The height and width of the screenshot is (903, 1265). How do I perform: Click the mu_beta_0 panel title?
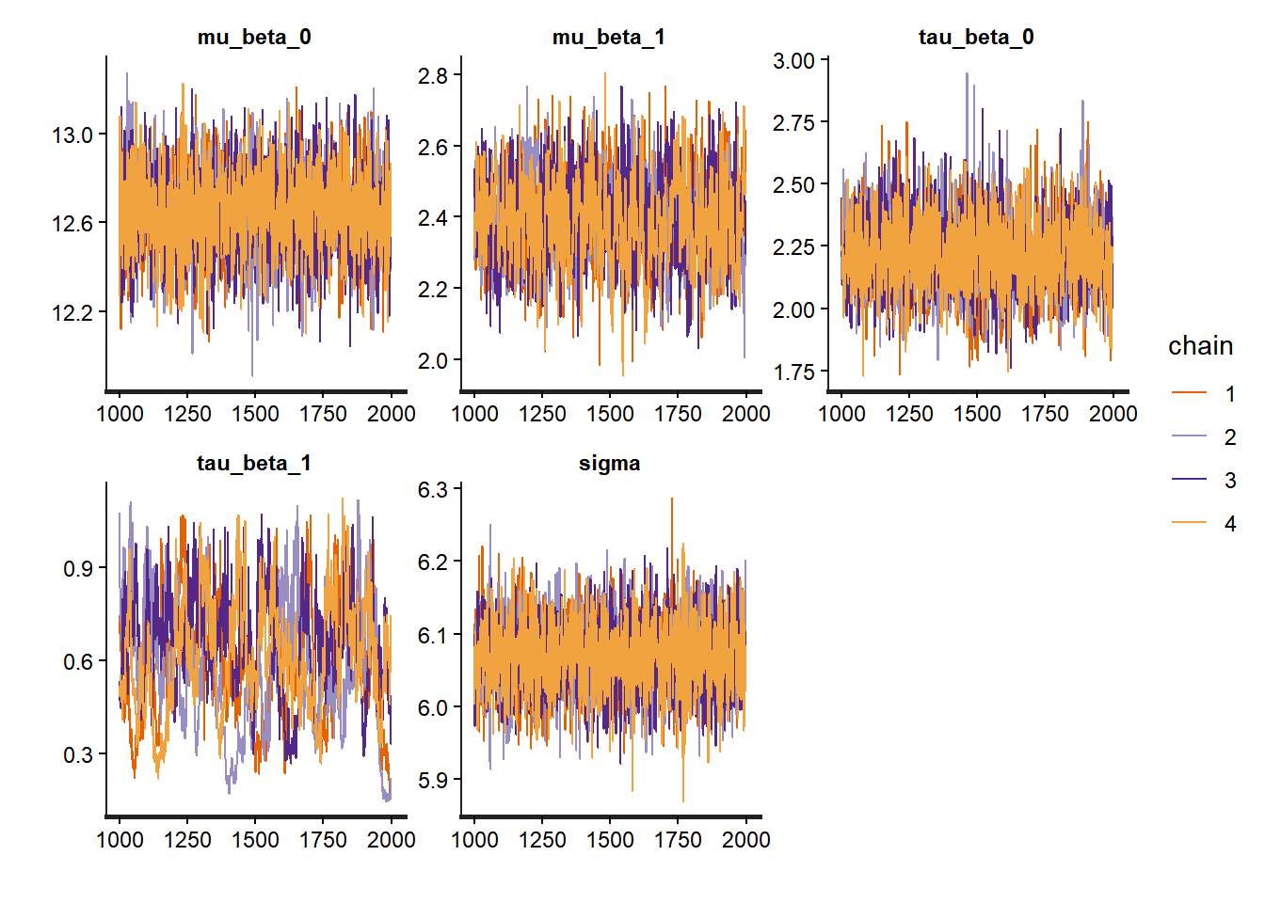(x=254, y=38)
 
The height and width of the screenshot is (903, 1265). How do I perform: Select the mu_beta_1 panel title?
(x=608, y=38)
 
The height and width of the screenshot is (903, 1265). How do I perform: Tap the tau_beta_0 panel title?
(x=976, y=38)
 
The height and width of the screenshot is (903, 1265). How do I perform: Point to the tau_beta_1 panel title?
(x=254, y=464)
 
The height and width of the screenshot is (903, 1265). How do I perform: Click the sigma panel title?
(x=609, y=464)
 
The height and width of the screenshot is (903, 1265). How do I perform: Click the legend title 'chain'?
(x=1200, y=346)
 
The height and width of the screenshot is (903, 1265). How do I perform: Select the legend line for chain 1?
(x=1189, y=394)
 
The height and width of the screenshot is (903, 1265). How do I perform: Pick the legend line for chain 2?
(x=1189, y=437)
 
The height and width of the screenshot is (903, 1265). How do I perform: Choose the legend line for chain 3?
(x=1189, y=481)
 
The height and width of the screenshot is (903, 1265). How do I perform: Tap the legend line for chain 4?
(x=1189, y=524)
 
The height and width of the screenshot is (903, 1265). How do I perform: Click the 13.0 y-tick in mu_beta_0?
(x=72, y=135)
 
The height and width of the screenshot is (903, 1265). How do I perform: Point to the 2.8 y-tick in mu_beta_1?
(x=433, y=76)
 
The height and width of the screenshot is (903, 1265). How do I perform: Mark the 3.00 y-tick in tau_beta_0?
(x=793, y=62)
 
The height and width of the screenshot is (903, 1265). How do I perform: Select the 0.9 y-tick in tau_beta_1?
(x=78, y=569)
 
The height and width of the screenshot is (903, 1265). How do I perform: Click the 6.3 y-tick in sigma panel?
(x=433, y=490)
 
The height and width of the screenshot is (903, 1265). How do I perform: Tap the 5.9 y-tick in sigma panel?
(x=433, y=781)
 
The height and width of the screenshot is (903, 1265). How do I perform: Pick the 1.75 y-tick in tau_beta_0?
(x=793, y=372)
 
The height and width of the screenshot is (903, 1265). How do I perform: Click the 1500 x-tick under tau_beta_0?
(x=977, y=414)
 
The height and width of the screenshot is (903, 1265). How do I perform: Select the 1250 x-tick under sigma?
(x=542, y=840)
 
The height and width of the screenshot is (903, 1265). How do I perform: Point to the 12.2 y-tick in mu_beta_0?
(x=72, y=313)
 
